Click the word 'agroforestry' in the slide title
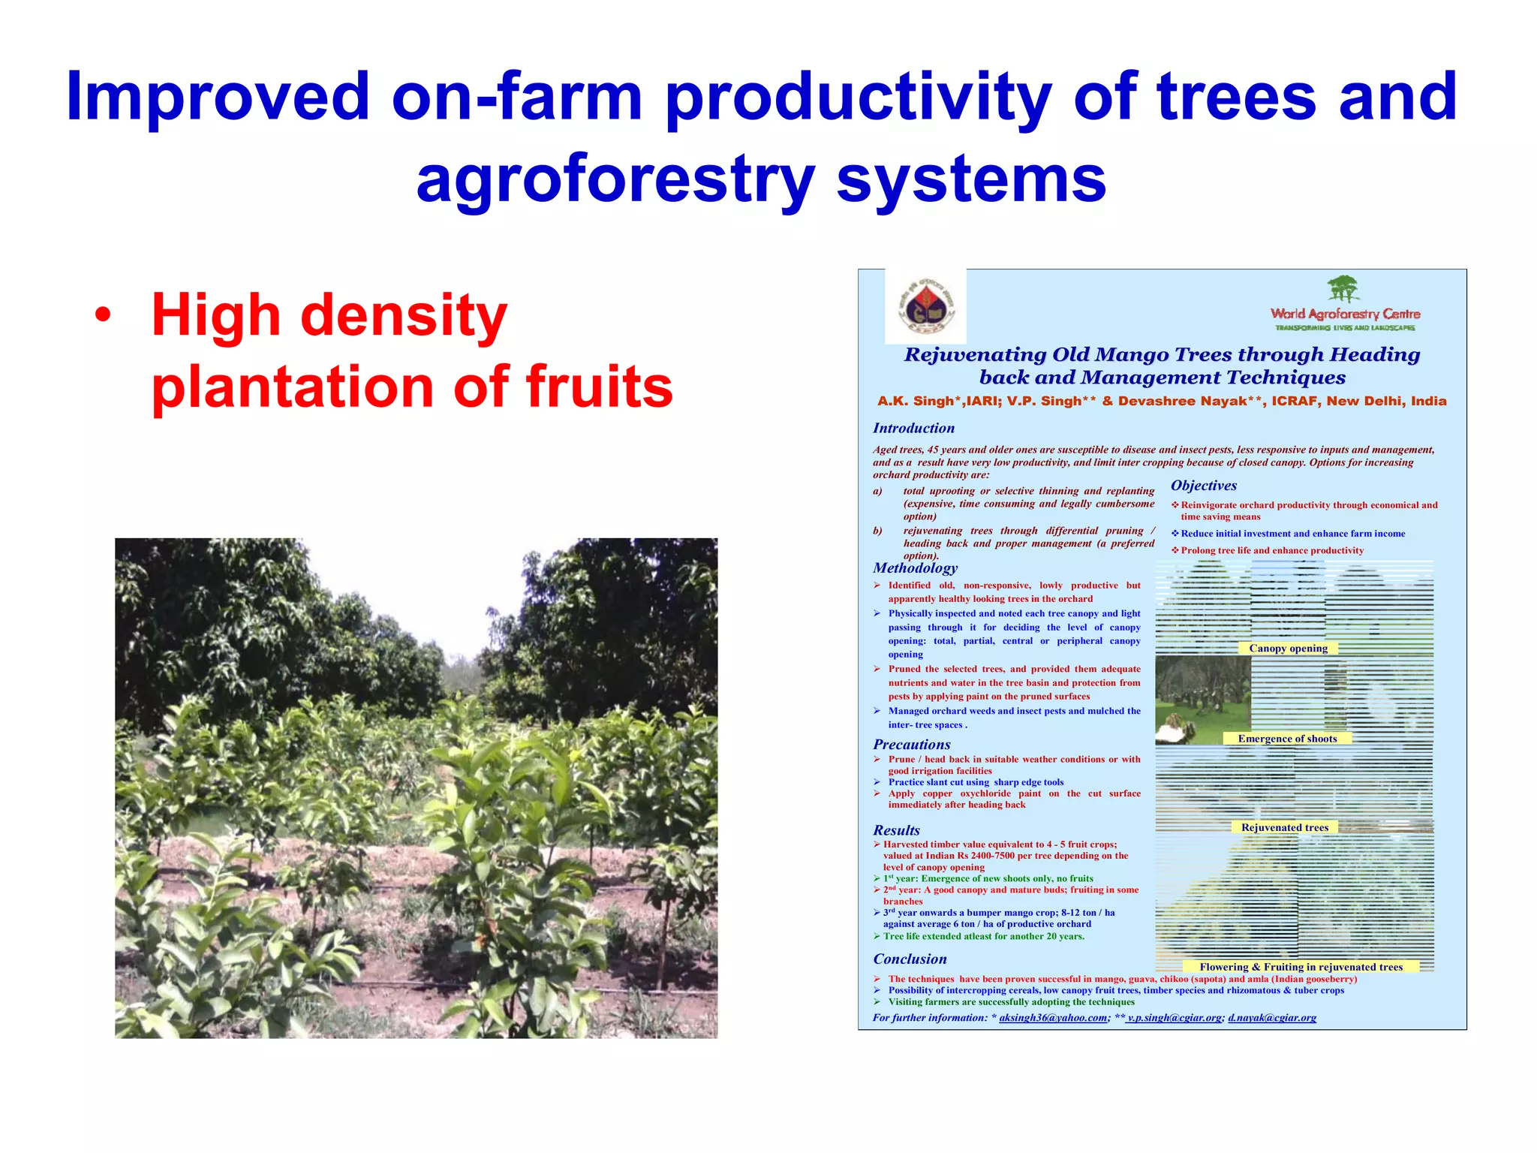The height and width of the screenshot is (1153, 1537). click(615, 180)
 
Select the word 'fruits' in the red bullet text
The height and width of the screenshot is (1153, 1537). click(599, 387)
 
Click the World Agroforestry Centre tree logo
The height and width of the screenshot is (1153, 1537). click(1343, 290)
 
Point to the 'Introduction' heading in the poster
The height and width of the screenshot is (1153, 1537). click(913, 428)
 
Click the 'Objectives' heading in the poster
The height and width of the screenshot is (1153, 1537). click(1204, 486)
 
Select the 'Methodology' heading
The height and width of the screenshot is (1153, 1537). click(915, 568)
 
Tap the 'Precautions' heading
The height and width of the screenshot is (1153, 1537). click(911, 745)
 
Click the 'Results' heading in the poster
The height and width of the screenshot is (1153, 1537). click(896, 830)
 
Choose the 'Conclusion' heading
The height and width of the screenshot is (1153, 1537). click(910, 959)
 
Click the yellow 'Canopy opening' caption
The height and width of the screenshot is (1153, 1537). click(1288, 649)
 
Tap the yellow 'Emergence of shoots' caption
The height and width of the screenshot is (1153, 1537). click(1287, 739)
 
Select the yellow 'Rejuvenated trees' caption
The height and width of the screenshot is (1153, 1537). click(1284, 827)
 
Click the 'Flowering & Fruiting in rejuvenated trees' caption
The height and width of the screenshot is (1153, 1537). click(1301, 967)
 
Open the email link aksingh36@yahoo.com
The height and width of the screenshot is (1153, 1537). click(1053, 1018)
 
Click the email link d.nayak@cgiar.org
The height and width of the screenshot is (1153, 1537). click(1272, 1018)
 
